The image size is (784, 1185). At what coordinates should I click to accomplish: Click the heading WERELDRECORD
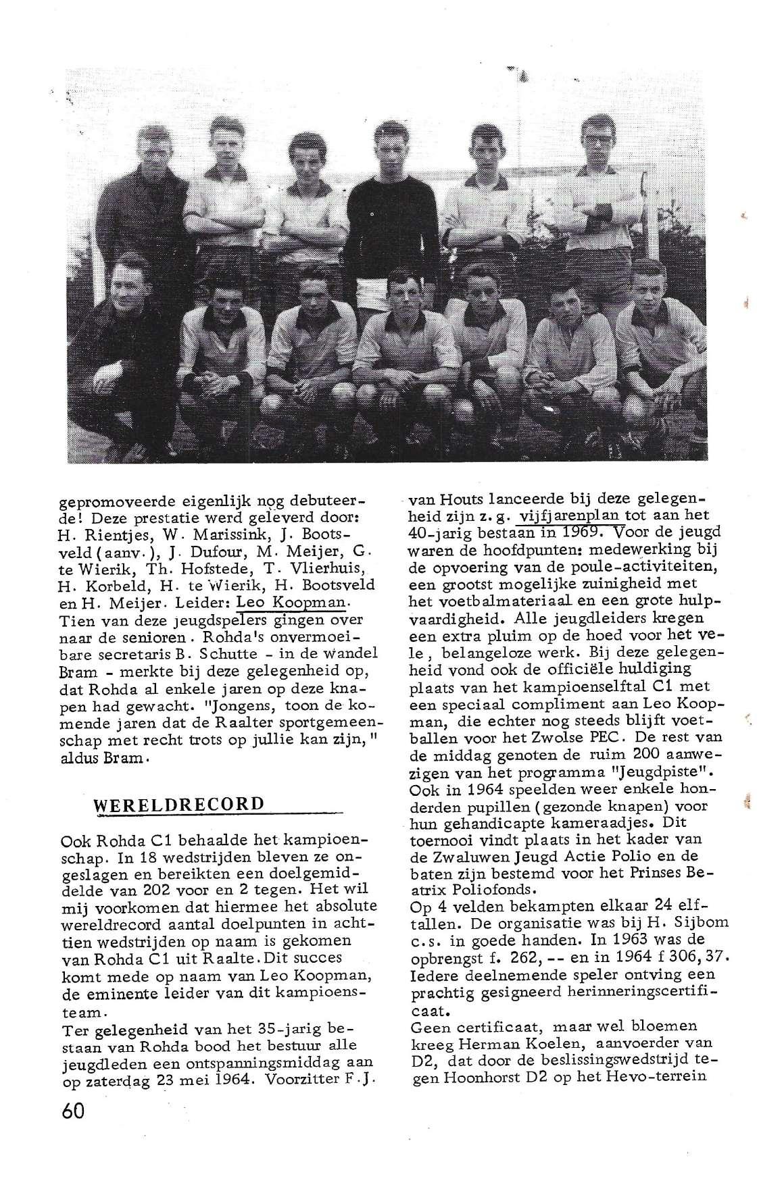180,804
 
